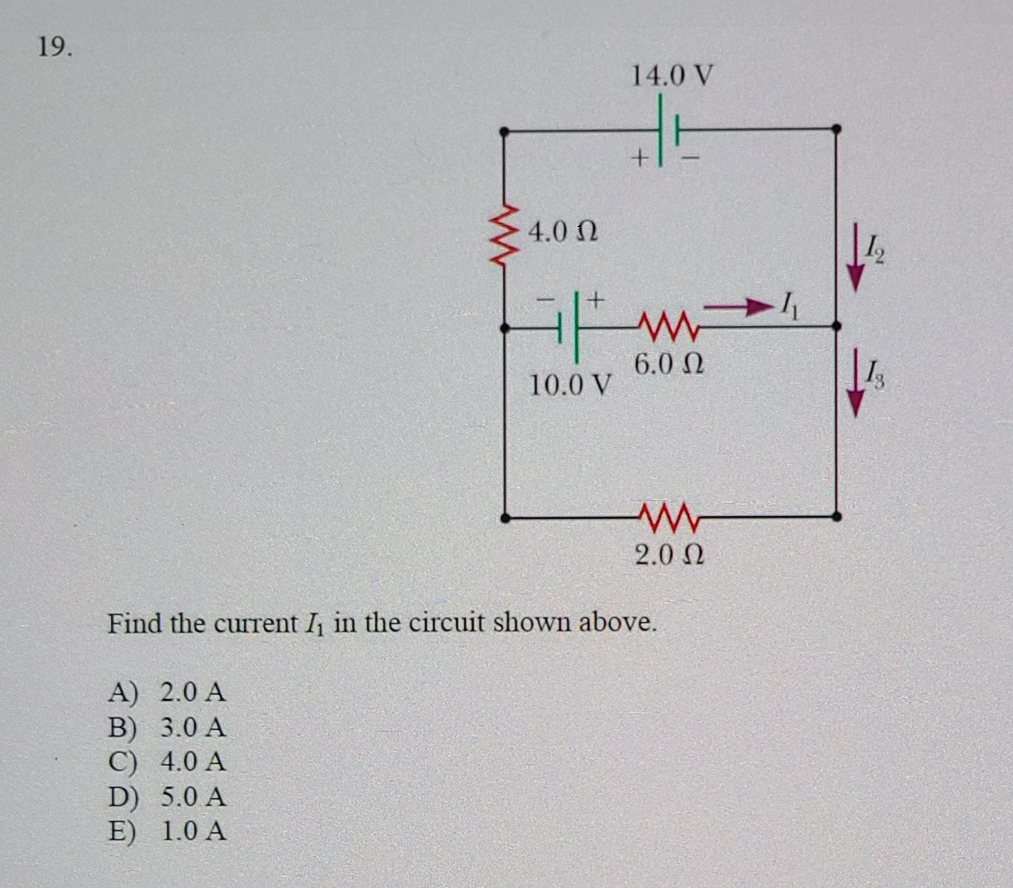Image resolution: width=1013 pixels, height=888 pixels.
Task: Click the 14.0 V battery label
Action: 671,76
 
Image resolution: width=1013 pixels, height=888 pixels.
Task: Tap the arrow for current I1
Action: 737,307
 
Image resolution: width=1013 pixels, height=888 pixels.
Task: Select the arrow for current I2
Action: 854,257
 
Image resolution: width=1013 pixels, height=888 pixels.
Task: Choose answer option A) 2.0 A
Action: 167,692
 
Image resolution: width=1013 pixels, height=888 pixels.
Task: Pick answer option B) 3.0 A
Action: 167,727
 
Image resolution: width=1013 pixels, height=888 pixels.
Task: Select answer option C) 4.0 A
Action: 167,762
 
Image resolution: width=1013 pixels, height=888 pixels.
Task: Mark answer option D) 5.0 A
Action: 167,797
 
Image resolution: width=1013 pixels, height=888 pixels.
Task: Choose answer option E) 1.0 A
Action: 167,831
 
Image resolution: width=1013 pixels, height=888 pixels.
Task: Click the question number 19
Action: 55,48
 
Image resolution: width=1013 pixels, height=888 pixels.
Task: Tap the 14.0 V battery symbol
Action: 669,130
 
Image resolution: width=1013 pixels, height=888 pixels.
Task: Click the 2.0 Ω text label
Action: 669,555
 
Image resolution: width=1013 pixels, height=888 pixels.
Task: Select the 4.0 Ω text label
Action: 563,232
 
